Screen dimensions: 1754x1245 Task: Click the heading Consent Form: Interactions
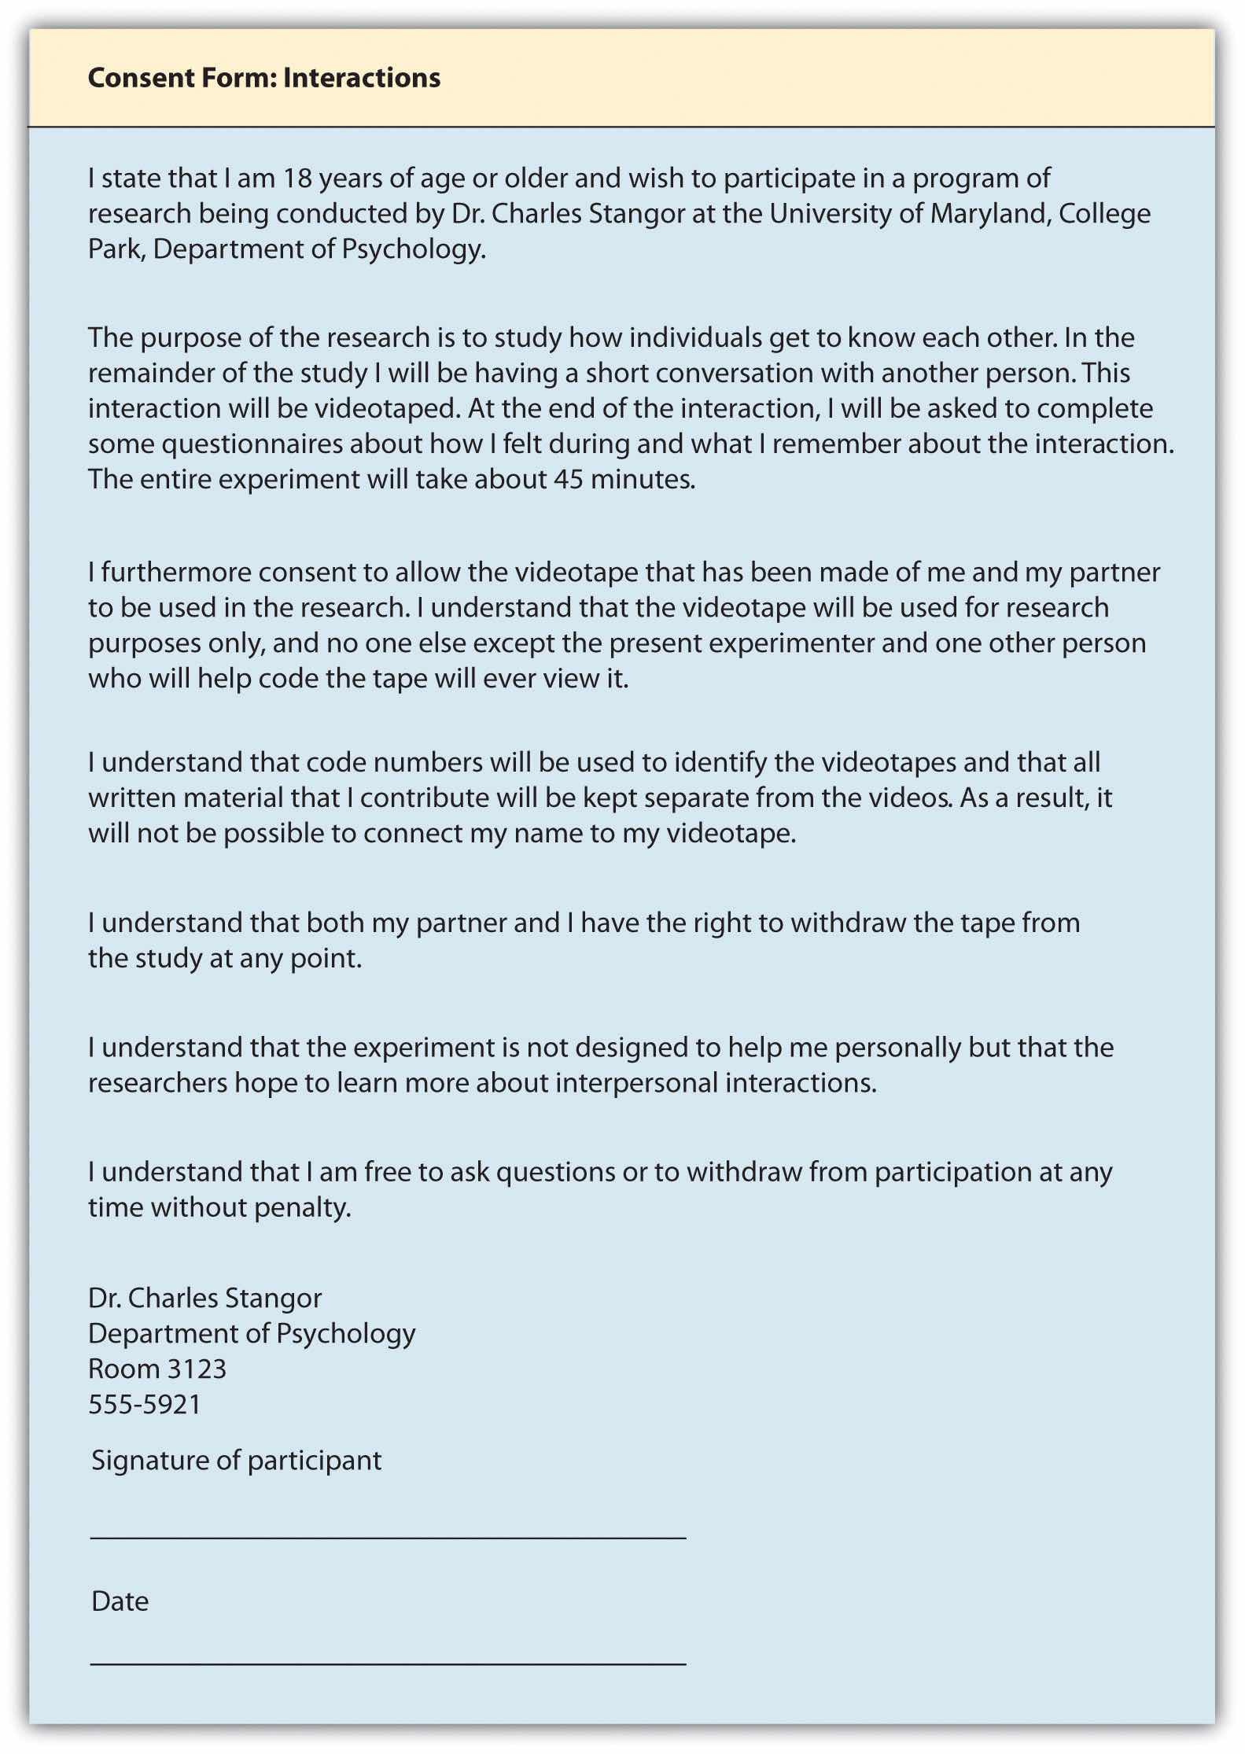(263, 78)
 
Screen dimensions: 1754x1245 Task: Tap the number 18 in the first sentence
(298, 179)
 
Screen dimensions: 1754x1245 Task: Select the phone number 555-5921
(145, 1404)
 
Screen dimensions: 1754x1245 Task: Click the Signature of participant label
(236, 1461)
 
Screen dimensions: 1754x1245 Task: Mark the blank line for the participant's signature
(388, 1536)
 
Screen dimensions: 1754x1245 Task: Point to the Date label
(120, 1601)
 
